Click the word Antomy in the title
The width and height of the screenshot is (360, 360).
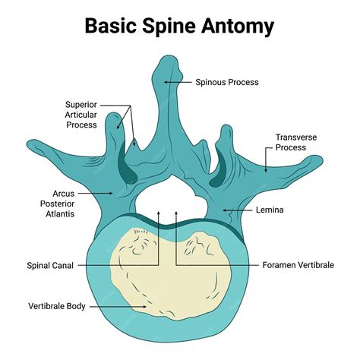point(235,27)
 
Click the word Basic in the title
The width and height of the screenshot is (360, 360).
point(111,27)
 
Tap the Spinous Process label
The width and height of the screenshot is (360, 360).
point(227,82)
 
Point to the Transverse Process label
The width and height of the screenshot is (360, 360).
point(295,143)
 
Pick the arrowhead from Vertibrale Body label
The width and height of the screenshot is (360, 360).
point(149,307)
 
